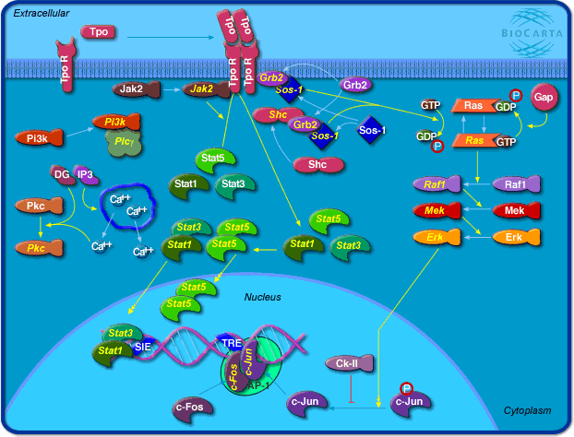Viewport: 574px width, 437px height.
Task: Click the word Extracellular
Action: (42, 12)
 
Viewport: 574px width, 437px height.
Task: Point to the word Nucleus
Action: (262, 297)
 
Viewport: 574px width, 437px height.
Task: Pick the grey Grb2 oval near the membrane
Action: (355, 85)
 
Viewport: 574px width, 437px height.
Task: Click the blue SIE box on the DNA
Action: (143, 348)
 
